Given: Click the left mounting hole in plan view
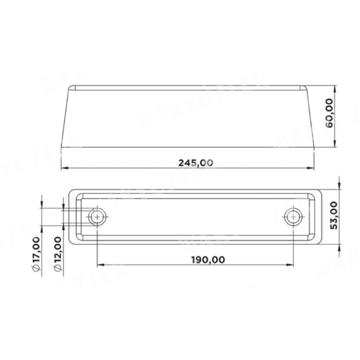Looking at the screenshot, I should [x=96, y=217].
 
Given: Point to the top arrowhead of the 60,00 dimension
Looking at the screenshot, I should [x=335, y=87].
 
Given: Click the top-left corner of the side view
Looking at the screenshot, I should [x=69, y=86].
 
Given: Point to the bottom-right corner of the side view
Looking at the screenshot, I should [x=313, y=147].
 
